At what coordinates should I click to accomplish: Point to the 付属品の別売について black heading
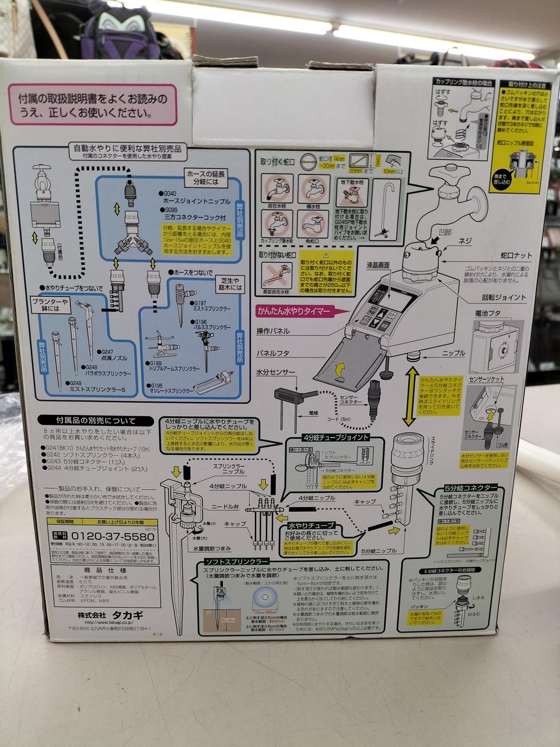tap(87, 421)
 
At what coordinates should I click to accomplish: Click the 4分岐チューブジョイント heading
tap(335, 437)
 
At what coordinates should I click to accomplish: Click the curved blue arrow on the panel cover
tap(338, 369)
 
